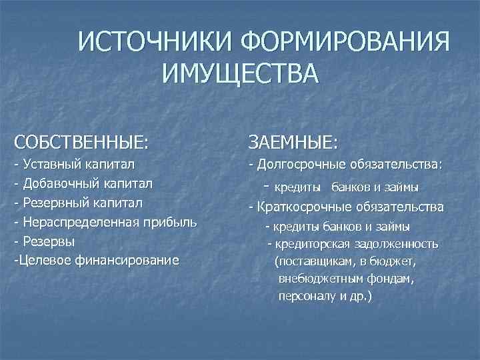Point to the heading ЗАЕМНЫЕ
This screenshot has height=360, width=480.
(293, 141)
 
